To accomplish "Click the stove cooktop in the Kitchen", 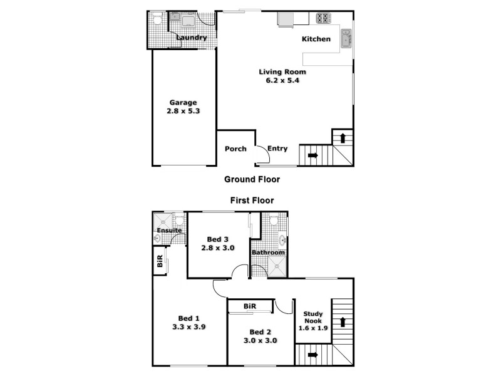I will tap(323, 18).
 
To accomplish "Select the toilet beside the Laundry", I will tap(157, 20).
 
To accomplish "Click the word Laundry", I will tap(192, 38).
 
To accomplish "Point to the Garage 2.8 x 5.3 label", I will tap(183, 107).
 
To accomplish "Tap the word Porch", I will tap(235, 149).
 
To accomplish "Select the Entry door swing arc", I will tap(263, 154).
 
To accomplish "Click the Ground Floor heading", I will tap(252, 179).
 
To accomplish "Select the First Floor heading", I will tap(252, 201).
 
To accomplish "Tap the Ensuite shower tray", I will tap(164, 221).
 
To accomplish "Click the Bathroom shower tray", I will tap(276, 268).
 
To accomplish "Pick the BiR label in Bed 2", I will tap(250, 306).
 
